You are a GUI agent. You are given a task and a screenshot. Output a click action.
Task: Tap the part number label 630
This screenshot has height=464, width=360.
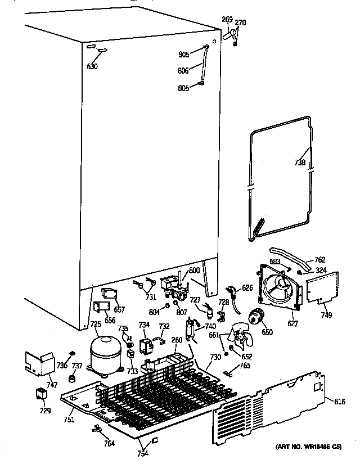click(x=92, y=66)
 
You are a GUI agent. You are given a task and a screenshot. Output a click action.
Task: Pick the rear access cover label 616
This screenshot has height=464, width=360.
click(x=339, y=401)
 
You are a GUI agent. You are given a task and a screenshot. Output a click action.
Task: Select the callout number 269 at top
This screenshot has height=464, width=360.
click(x=227, y=20)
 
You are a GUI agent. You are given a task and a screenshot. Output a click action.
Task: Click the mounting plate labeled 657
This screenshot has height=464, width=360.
click(x=109, y=294)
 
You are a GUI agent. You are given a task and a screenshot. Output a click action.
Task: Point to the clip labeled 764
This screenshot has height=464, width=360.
click(x=97, y=430)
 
